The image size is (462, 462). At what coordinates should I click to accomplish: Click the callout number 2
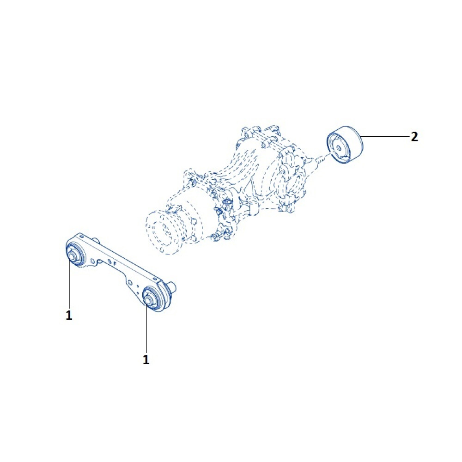[414, 137]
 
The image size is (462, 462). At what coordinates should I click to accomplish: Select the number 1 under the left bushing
[69, 315]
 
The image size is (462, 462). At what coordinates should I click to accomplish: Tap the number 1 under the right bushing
[146, 359]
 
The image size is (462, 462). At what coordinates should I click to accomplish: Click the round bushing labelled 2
[345, 144]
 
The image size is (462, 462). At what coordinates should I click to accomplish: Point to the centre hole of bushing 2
[338, 148]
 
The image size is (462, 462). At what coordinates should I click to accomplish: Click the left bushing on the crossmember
[75, 253]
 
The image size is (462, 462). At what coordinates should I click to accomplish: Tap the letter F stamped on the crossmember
[115, 264]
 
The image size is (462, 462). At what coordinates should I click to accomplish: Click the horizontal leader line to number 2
[385, 136]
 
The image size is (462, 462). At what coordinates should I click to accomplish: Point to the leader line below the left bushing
[69, 283]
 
